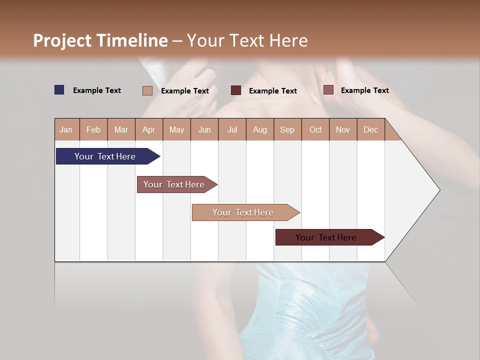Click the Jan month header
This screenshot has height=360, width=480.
66,129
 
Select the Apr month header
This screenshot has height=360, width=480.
148,129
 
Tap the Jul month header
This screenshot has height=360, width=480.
232,129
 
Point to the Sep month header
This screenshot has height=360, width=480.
287,129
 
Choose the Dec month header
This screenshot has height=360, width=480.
370,129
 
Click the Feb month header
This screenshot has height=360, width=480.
93,129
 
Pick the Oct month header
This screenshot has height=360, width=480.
315,129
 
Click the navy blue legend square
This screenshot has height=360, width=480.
59,90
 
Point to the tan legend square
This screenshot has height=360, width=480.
147,90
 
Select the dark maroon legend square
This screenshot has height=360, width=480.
236,90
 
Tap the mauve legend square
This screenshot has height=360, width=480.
328,90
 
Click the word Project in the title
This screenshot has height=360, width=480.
62,40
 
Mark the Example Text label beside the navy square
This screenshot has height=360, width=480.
97,90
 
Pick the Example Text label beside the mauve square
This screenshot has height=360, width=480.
365,90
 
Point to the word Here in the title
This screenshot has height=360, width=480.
288,40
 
